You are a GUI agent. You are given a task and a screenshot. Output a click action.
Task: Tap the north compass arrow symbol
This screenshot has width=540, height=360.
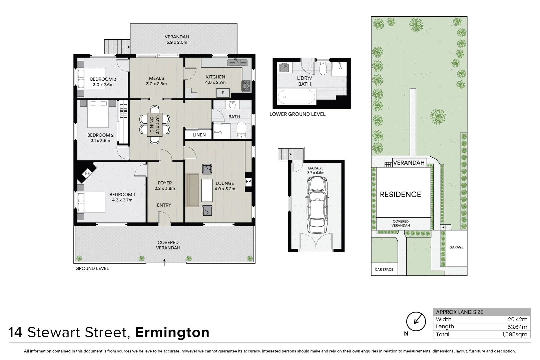[x=416, y=321]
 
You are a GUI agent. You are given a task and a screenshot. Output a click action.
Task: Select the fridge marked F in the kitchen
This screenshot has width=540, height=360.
[x=223, y=93]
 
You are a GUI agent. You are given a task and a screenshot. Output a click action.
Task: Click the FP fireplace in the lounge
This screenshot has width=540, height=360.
[x=248, y=181]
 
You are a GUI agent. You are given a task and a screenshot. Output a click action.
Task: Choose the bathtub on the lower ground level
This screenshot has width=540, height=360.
[x=296, y=97]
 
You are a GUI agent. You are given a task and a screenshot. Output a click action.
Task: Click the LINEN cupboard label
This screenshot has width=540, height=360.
[x=199, y=135]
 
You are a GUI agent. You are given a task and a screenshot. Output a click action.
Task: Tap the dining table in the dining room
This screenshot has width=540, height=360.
[x=155, y=124]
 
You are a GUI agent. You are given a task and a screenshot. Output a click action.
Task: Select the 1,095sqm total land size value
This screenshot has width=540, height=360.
[x=515, y=334]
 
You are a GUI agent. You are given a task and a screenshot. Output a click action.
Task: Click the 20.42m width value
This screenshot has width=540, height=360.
[x=518, y=319]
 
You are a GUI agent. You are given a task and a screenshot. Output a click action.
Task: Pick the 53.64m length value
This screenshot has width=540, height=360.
[x=517, y=327]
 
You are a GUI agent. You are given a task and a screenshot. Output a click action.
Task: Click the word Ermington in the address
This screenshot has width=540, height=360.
[x=172, y=333]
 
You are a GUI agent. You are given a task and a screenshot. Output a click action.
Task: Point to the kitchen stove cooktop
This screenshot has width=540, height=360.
[x=246, y=86]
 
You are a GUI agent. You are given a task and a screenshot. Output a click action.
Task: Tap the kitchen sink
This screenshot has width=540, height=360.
[x=237, y=63]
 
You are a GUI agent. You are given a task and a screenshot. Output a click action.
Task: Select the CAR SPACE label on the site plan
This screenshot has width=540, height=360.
[x=384, y=269]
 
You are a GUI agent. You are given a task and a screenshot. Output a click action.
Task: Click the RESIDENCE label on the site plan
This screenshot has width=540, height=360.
[x=401, y=194]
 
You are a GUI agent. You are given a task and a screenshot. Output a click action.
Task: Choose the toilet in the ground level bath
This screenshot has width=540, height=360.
[x=241, y=130]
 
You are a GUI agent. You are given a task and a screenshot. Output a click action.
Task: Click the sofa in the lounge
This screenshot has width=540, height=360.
[x=192, y=190]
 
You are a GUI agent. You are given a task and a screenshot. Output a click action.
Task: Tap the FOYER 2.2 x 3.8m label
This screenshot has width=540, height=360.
[x=165, y=186]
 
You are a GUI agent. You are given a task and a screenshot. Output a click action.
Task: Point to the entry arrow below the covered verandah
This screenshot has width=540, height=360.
[x=164, y=262]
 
